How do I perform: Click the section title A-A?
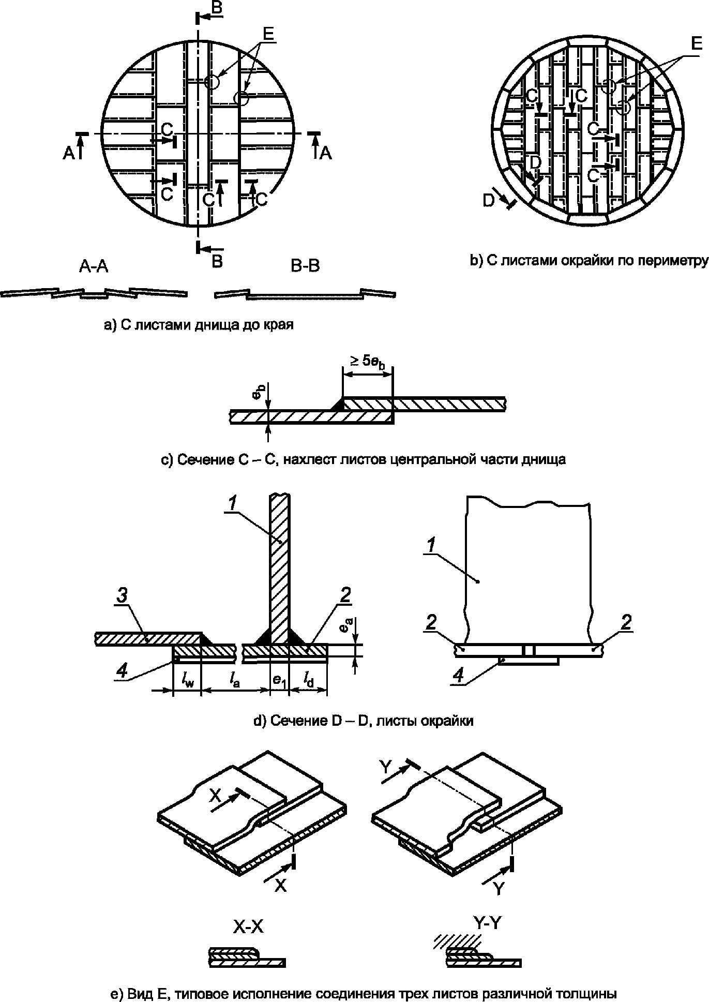(x=94, y=266)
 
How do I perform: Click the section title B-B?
(x=305, y=266)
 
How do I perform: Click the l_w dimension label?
(x=187, y=682)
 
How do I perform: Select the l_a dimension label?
(x=234, y=682)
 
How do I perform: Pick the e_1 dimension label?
(x=279, y=682)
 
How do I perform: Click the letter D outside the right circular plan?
(x=489, y=201)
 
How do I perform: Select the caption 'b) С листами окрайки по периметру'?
(x=589, y=261)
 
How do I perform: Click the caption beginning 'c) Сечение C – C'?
(x=364, y=459)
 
